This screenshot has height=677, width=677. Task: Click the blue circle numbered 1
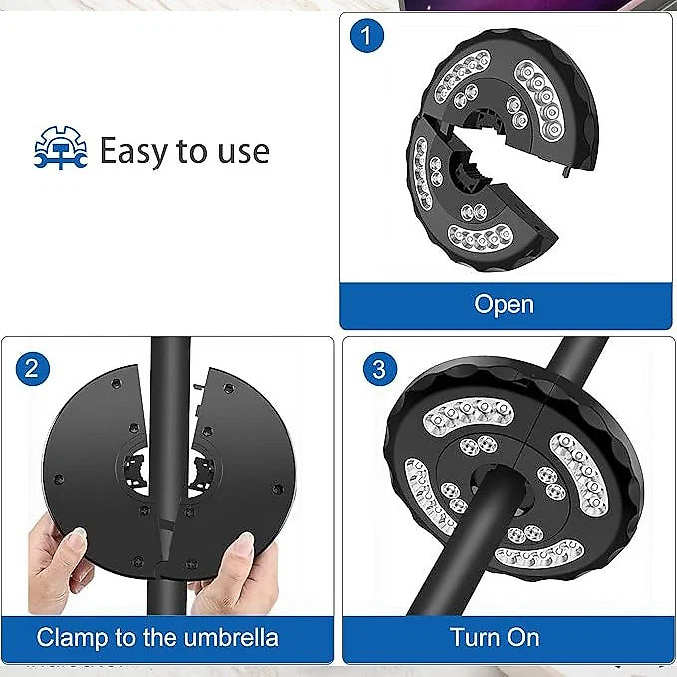coord(367,36)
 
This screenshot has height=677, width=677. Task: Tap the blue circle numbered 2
coord(32,368)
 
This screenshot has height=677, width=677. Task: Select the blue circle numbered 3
coord(380,369)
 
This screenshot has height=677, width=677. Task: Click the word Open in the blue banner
coord(504,305)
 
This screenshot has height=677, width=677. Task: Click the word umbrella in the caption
coord(231,638)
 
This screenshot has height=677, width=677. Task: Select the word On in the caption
coord(523,637)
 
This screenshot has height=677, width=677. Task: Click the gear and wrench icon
coord(61,148)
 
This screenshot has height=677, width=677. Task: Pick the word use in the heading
coord(244,152)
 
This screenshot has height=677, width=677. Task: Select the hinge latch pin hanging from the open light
coord(567,171)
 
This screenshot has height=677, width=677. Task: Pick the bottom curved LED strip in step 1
coord(481,238)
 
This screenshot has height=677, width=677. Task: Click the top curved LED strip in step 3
coord(468,414)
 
